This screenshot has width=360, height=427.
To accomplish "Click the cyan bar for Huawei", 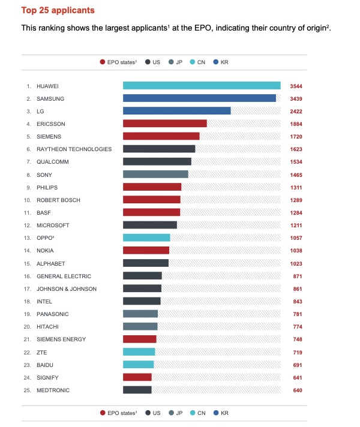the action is pyautogui.click(x=202, y=86).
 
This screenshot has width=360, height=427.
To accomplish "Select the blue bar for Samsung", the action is pyautogui.click(x=199, y=98).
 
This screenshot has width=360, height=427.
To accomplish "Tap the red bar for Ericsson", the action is pyautogui.click(x=165, y=124).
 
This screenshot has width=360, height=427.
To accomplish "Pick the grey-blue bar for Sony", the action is pyautogui.click(x=155, y=175).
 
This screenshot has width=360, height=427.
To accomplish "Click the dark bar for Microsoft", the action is pyautogui.click(x=150, y=225).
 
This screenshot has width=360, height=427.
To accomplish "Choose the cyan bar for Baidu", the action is pyautogui.click(x=139, y=365).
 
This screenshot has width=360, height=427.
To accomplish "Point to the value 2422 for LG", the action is pyautogui.click(x=296, y=112).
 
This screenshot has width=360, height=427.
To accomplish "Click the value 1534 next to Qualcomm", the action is pyautogui.click(x=296, y=162).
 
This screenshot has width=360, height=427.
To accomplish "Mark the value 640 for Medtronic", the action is pyautogui.click(x=298, y=390).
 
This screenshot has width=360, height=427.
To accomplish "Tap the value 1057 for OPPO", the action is pyautogui.click(x=296, y=238).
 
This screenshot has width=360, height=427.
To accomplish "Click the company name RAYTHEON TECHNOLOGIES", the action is pyautogui.click(x=74, y=149).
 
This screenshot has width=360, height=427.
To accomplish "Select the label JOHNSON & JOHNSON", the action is pyautogui.click(x=67, y=289).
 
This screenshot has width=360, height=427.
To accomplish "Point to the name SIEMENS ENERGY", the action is pyautogui.click(x=61, y=339).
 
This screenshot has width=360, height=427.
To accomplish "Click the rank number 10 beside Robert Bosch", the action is pyautogui.click(x=27, y=200).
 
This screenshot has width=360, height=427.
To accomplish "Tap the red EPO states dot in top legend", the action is pyautogui.click(x=103, y=62).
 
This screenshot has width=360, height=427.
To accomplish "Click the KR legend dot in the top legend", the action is pyautogui.click(x=216, y=62).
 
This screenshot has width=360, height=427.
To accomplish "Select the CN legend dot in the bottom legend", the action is pyautogui.click(x=193, y=413).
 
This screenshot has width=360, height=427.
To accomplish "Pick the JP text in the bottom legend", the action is pyautogui.click(x=179, y=413).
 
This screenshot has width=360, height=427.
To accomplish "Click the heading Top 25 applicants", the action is pyautogui.click(x=58, y=10).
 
